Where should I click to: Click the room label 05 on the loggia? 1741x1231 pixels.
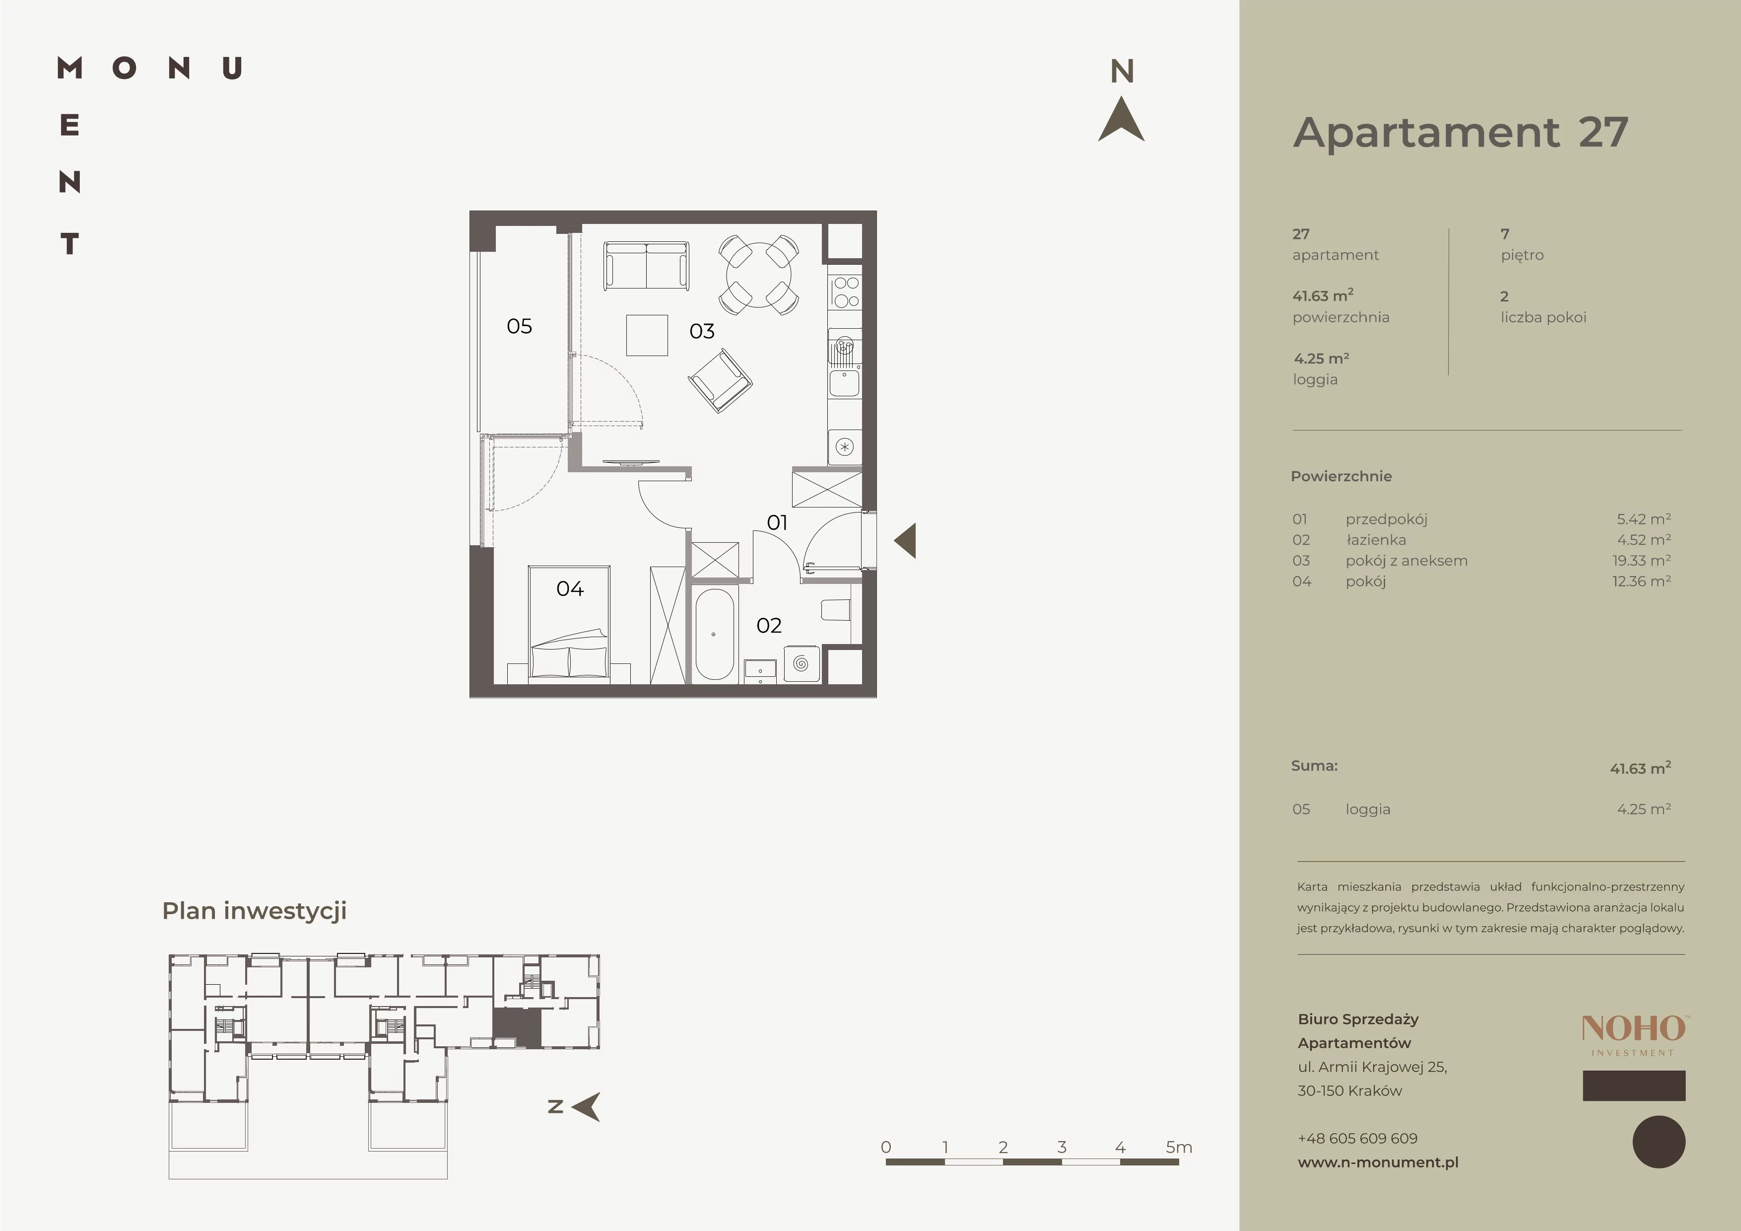pyautogui.click(x=520, y=326)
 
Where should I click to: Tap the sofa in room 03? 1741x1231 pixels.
pyautogui.click(x=647, y=266)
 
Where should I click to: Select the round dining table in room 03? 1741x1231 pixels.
pyautogui.click(x=758, y=275)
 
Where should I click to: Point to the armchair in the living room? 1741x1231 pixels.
pyautogui.click(x=720, y=380)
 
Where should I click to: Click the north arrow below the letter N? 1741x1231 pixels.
pyautogui.click(x=1122, y=120)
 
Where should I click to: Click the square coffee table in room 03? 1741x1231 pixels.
pyautogui.click(x=647, y=335)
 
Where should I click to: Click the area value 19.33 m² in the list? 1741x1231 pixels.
pyautogui.click(x=1642, y=561)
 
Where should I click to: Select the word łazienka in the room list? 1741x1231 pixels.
pyautogui.click(x=1376, y=540)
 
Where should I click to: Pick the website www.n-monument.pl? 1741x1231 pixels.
pyautogui.click(x=1378, y=1162)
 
